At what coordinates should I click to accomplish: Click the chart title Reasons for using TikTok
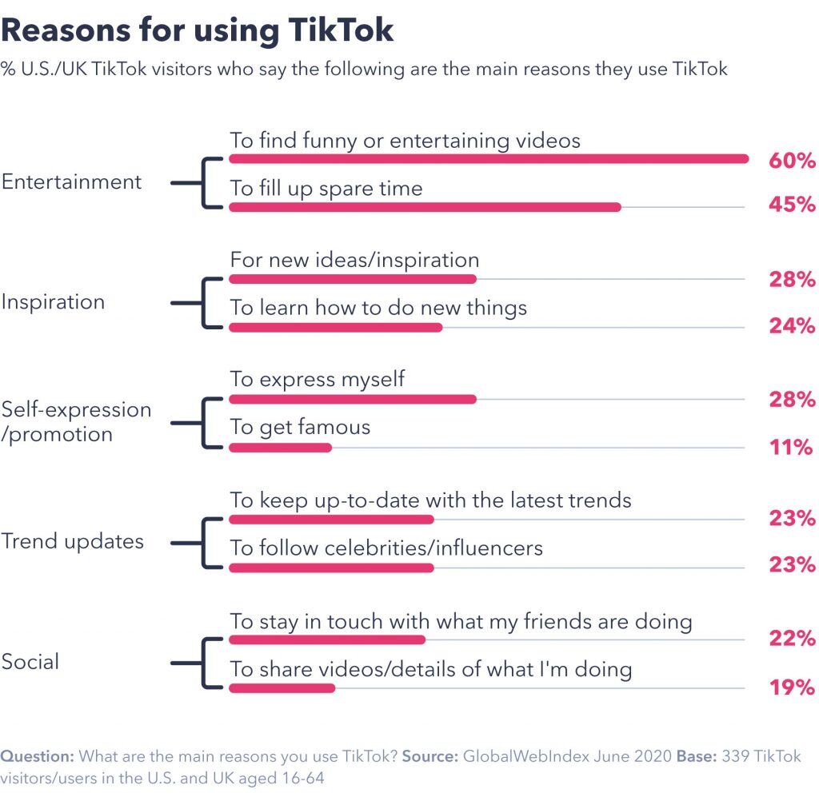pyautogui.click(x=198, y=30)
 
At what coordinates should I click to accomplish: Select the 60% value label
pyautogui.click(x=792, y=161)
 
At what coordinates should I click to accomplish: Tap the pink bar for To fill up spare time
pyautogui.click(x=425, y=207)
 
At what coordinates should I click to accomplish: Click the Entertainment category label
pyautogui.click(x=71, y=182)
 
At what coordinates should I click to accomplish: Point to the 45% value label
pyautogui.click(x=792, y=205)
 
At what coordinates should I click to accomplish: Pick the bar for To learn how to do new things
pyautogui.click(x=335, y=327)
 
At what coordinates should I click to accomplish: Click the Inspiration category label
pyautogui.click(x=53, y=302)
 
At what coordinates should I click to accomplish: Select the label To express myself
pyautogui.click(x=318, y=379)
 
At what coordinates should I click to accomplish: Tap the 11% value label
pyautogui.click(x=792, y=446)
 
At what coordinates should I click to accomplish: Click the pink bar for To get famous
pyautogui.click(x=280, y=448)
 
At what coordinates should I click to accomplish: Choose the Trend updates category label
pyautogui.click(x=72, y=541)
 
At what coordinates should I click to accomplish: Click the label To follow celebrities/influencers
pyautogui.click(x=386, y=548)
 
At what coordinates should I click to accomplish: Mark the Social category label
pyautogui.click(x=30, y=662)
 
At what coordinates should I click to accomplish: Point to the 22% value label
pyautogui.click(x=792, y=638)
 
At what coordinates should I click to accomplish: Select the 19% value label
pyautogui.click(x=792, y=687)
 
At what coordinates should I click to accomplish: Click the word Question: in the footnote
pyautogui.click(x=38, y=756)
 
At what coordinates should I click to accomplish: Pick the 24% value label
pyautogui.click(x=792, y=325)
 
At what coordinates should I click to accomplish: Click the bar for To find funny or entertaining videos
pyautogui.click(x=488, y=158)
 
